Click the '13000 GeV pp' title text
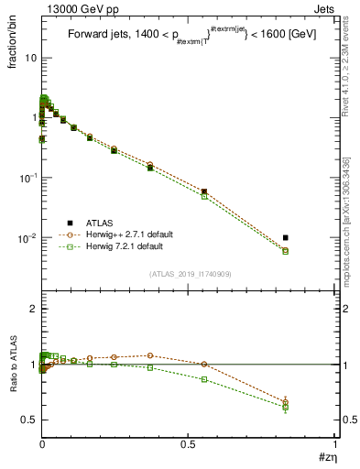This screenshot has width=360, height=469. point(75,7)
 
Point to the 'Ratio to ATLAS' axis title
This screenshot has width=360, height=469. point(12,365)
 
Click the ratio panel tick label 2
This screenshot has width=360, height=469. point(32,310)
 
